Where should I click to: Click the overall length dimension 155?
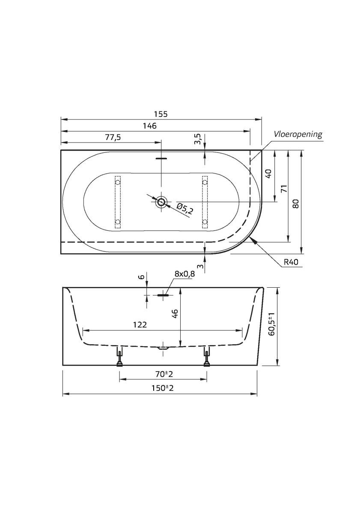pyautogui.click(x=161, y=114)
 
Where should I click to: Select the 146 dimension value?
pyautogui.click(x=150, y=125)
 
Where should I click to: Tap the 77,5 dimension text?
pyautogui.click(x=113, y=137)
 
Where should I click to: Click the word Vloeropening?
pyautogui.click(x=298, y=134)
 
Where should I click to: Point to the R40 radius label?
pyautogui.click(x=291, y=262)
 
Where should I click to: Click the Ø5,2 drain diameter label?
pyautogui.click(x=184, y=209)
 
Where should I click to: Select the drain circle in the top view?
pyautogui.click(x=161, y=202)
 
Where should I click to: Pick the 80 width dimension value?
pyautogui.click(x=295, y=203)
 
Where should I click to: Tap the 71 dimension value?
pyautogui.click(x=284, y=188)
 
